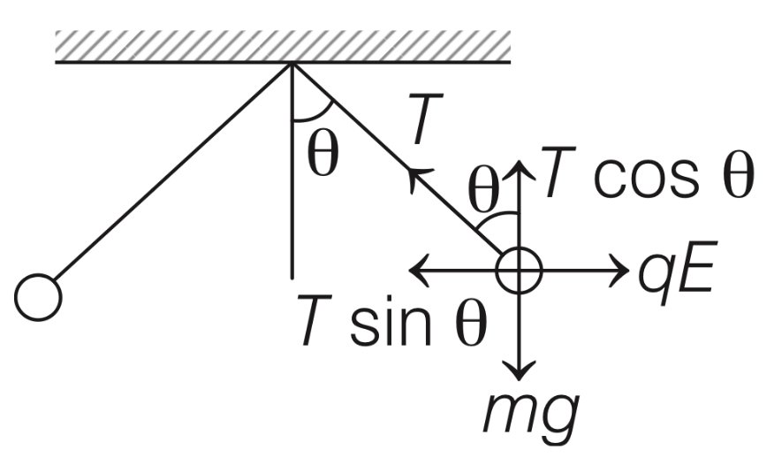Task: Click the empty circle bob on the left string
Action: [x=38, y=296]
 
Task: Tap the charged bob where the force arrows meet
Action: [x=519, y=270]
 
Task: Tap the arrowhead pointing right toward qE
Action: [x=616, y=270]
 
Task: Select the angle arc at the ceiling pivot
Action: [x=312, y=116]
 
